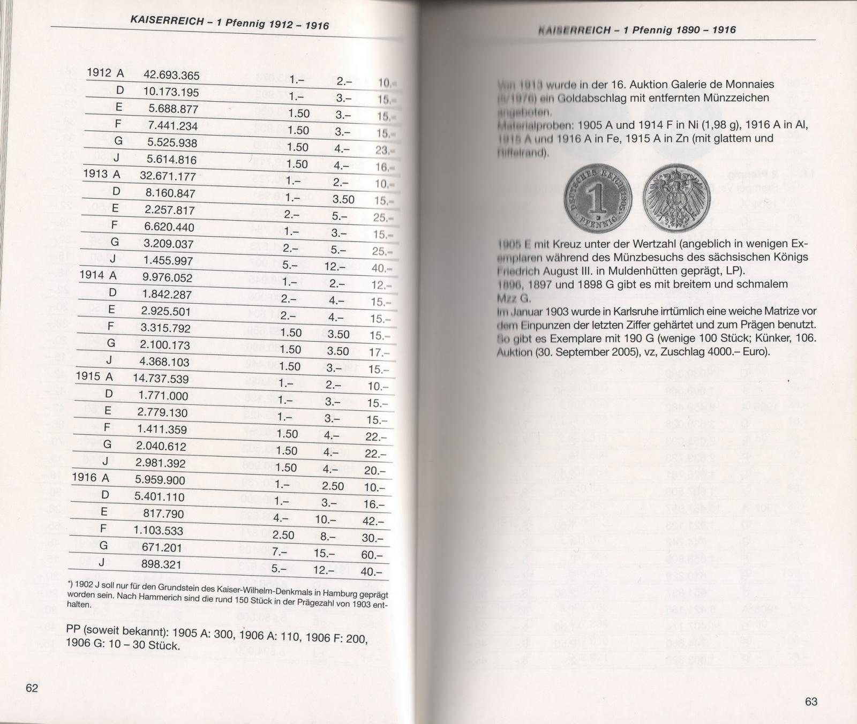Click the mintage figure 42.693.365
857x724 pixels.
[171, 75]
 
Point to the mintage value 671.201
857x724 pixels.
[161, 547]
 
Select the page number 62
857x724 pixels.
[32, 688]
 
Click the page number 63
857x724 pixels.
[811, 702]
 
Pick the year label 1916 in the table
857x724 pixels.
[85, 477]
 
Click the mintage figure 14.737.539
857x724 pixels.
[161, 379]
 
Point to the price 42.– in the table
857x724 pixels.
[373, 521]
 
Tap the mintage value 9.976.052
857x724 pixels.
[167, 277]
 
